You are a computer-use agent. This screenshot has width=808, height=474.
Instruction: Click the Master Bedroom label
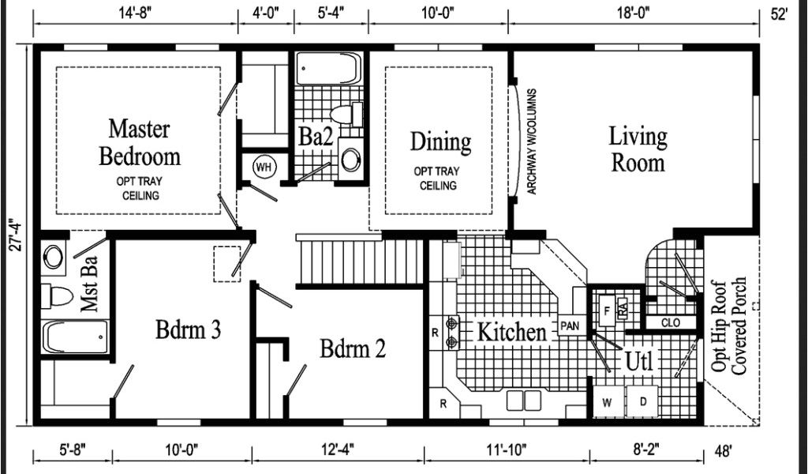(x=139, y=142)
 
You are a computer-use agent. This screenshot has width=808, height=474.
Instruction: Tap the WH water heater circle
(x=264, y=167)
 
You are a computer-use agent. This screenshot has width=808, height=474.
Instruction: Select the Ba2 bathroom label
(x=316, y=137)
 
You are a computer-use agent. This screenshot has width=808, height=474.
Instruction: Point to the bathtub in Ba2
(x=328, y=68)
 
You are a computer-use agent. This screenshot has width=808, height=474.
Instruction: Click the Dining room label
(x=440, y=142)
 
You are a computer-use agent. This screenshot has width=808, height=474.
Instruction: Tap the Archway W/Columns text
(x=532, y=142)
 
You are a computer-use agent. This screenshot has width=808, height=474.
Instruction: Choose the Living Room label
(x=638, y=149)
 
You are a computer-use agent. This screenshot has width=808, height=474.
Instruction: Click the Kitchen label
(x=511, y=332)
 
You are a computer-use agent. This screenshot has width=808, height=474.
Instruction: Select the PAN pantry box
(x=570, y=325)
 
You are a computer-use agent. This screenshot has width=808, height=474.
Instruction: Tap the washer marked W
(x=607, y=402)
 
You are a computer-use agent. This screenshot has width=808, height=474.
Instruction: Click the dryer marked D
(x=642, y=401)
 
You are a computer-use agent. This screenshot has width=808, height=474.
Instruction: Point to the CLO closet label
(x=671, y=323)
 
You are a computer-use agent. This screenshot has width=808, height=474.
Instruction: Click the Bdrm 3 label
(x=188, y=329)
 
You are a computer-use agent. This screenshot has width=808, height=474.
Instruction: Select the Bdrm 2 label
(x=353, y=348)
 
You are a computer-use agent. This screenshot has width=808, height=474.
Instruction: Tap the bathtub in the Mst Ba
(x=75, y=337)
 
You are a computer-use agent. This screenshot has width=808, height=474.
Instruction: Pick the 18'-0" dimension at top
(x=634, y=13)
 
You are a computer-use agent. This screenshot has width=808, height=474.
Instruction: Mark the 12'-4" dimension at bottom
(x=337, y=450)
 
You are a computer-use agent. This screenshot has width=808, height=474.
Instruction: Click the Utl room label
(x=638, y=362)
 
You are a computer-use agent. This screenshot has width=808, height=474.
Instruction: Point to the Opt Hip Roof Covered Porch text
(x=728, y=326)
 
